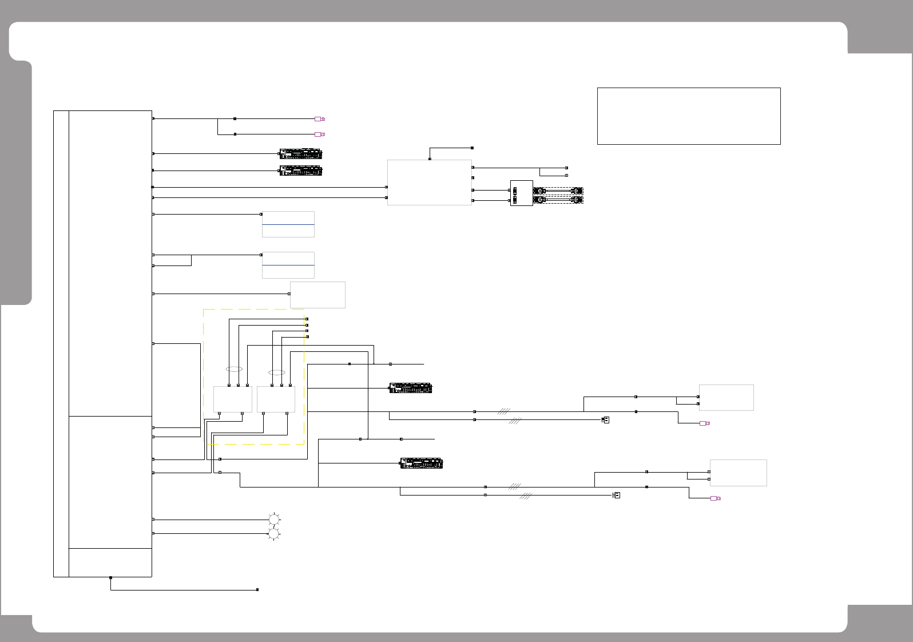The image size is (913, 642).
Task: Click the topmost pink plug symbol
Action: [319, 119]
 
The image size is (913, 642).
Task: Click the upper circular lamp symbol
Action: [274, 520]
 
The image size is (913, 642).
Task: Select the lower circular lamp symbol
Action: [274, 534]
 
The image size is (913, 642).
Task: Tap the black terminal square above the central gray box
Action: [430, 158]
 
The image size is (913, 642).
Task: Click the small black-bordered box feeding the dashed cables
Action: [521, 193]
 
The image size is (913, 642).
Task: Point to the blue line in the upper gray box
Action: [288, 224]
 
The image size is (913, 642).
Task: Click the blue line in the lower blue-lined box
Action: [288, 265]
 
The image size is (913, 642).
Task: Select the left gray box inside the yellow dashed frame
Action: [233, 399]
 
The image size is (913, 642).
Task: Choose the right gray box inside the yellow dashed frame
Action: [276, 399]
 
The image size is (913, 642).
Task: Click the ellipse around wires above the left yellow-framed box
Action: [234, 369]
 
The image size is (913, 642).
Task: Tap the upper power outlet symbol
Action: [606, 419]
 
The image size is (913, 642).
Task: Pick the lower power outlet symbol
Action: [617, 495]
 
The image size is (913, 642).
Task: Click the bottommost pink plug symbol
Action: [715, 498]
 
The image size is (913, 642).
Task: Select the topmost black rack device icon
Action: [301, 154]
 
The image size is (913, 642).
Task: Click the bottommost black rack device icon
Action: [422, 463]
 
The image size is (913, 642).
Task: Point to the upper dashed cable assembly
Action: [558, 191]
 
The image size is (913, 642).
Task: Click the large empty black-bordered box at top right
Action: [689, 116]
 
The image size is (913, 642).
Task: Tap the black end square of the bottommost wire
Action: [257, 589]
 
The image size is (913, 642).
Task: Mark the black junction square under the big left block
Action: [110, 578]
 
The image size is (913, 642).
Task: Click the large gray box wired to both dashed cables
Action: [430, 183]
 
